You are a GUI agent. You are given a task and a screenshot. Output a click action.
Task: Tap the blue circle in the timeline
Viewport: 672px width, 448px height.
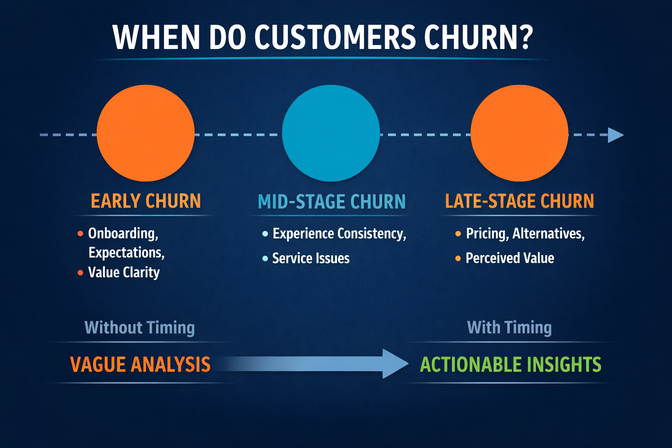(x=331, y=133)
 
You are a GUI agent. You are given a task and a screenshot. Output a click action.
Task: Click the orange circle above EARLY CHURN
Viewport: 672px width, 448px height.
(x=145, y=133)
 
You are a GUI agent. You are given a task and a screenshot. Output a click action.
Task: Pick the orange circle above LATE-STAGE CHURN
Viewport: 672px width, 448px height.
(x=519, y=133)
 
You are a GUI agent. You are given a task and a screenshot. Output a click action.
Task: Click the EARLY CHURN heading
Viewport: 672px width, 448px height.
(x=146, y=201)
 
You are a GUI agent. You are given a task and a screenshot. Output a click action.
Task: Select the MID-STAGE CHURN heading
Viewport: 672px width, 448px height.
(x=332, y=202)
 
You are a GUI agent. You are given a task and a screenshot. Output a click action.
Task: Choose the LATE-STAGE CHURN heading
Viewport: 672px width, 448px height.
(x=519, y=201)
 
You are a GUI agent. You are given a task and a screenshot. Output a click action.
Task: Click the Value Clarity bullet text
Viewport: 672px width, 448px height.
(x=124, y=273)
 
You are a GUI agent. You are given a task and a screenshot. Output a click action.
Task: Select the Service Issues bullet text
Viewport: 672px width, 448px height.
(x=311, y=259)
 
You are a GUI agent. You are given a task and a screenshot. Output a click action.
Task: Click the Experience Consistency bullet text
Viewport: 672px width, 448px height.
(x=339, y=234)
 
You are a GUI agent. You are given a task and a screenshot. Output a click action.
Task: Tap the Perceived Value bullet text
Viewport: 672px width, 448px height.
(x=510, y=258)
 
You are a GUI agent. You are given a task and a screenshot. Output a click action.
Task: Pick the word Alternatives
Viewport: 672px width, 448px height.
(x=548, y=234)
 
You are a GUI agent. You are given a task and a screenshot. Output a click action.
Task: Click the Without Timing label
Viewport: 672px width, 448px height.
(x=139, y=328)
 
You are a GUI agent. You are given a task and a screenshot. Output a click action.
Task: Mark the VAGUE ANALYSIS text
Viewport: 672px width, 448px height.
(x=140, y=364)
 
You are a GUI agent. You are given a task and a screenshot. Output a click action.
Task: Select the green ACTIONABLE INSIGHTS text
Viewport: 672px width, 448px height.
(x=511, y=364)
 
